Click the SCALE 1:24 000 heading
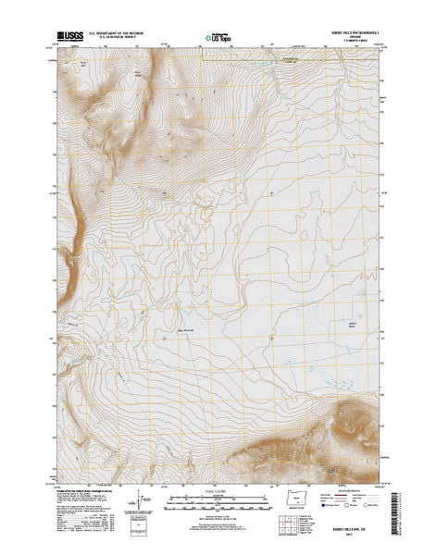pos(218,491)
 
